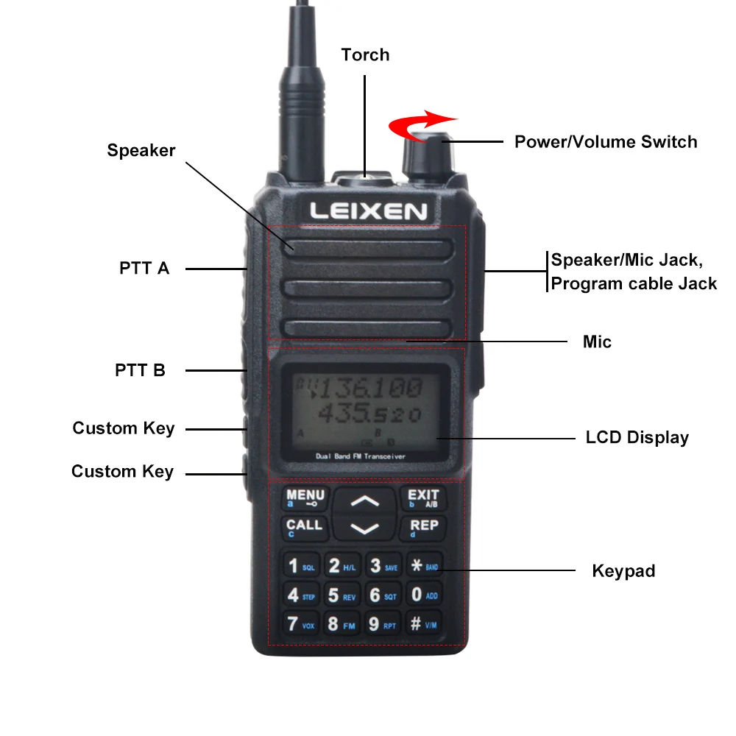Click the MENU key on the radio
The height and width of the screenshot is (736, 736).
tap(305, 498)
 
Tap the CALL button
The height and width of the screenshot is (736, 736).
tap(305, 528)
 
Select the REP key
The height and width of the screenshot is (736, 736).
tap(423, 528)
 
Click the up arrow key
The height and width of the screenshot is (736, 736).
tap(364, 501)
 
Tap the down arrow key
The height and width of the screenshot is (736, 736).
tap(364, 528)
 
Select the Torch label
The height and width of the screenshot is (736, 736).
tap(365, 54)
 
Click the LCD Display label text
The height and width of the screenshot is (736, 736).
tap(637, 437)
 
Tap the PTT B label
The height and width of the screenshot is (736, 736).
tap(140, 370)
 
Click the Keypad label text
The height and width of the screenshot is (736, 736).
tap(623, 570)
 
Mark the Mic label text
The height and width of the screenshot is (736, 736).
tap(597, 342)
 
